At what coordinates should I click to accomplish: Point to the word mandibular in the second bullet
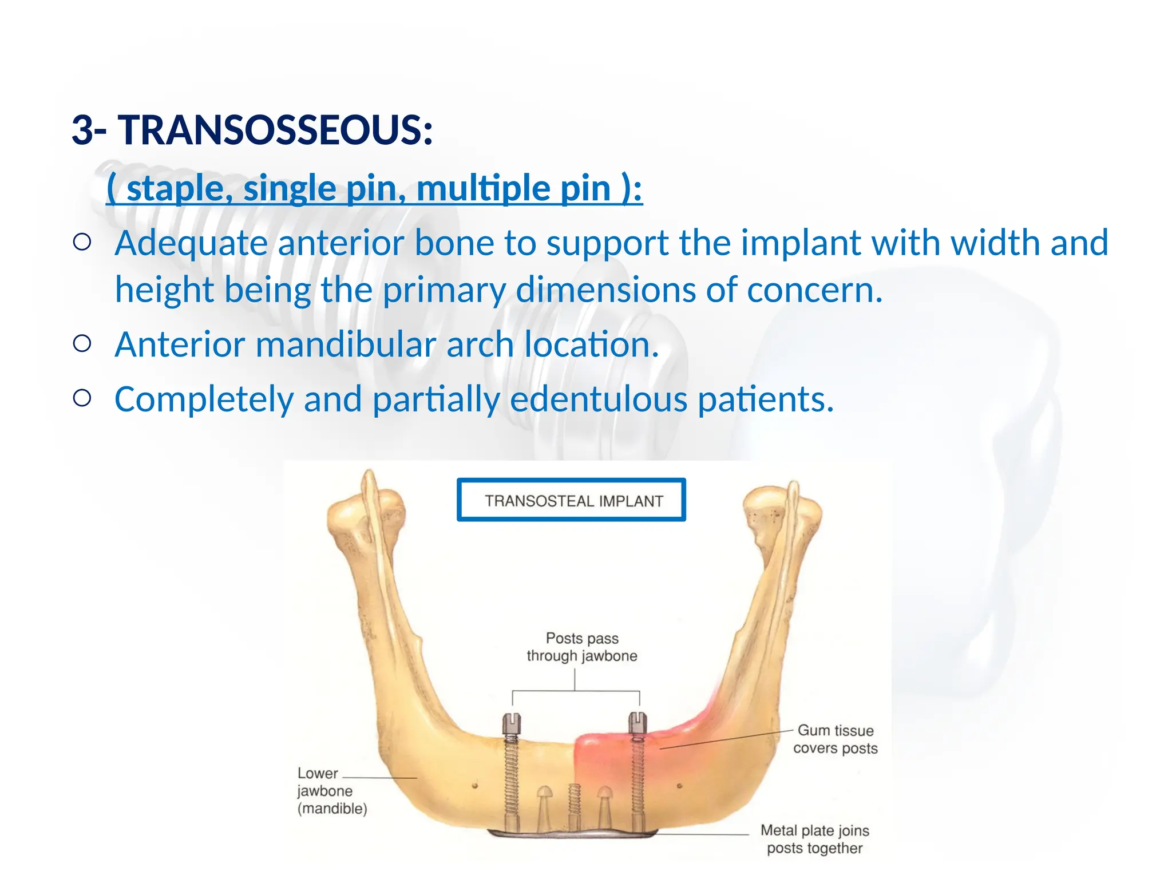(346, 345)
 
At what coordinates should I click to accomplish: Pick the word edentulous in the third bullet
(598, 399)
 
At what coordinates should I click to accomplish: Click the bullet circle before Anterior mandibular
(82, 344)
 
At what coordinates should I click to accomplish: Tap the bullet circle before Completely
(82, 398)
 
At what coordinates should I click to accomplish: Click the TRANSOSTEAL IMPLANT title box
(571, 500)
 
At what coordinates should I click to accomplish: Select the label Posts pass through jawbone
(581, 647)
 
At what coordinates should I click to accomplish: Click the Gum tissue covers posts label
(835, 739)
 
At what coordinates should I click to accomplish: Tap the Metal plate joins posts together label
(814, 839)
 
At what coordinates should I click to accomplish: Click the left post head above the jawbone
(511, 724)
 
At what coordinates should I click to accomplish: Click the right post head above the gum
(638, 723)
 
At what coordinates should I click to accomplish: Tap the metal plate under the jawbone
(572, 834)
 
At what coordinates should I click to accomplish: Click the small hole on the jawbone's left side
(474, 786)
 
